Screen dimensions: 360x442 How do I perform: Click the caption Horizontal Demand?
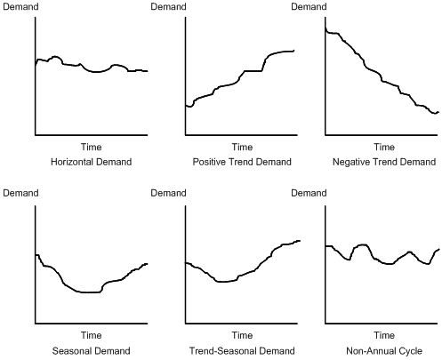pos(92,163)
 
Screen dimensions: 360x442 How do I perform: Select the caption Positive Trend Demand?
pos(242,163)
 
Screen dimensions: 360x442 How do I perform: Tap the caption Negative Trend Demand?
pos(383,163)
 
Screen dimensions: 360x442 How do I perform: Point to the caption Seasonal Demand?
pos(92,351)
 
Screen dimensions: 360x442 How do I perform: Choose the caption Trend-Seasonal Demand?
pos(242,351)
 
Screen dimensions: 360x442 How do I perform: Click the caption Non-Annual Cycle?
pos(383,351)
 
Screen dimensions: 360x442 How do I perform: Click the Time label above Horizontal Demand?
pos(92,148)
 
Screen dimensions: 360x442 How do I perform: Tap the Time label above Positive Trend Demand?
pos(242,148)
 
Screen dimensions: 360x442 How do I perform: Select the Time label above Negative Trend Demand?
pos(383,148)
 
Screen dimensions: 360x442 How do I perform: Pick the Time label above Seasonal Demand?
pos(92,336)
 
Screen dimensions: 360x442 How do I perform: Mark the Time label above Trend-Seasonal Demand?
pos(242,336)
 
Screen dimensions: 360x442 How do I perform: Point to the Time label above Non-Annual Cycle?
pos(383,336)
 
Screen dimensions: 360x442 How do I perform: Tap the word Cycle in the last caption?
pos(412,351)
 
